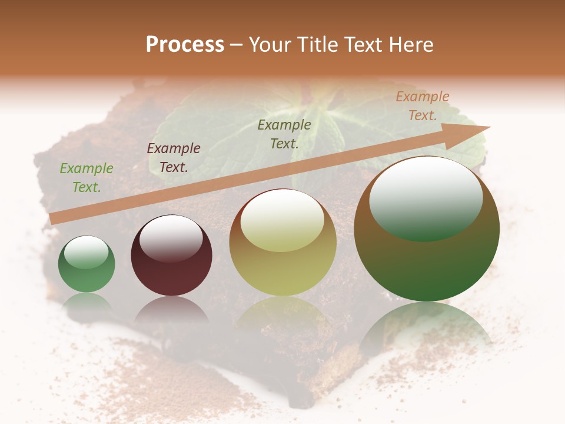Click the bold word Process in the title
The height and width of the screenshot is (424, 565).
tap(185, 45)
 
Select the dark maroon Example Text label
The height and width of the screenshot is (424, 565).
tap(173, 158)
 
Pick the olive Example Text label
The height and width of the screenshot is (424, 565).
tap(284, 134)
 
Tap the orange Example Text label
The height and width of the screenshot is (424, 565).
tap(422, 106)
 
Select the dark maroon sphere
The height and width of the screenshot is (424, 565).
tap(171, 255)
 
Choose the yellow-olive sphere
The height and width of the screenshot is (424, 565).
tap(282, 243)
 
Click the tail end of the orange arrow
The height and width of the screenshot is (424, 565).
tap(53, 218)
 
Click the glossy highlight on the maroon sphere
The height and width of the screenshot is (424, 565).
tap(171, 238)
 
